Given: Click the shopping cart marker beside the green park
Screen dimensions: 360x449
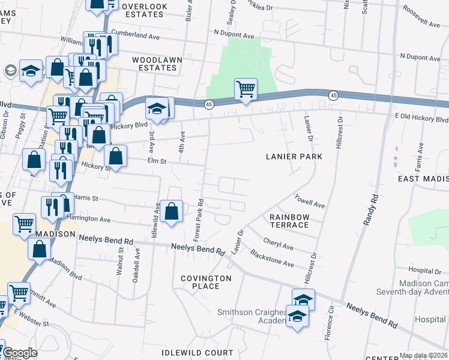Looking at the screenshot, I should [x=246, y=89].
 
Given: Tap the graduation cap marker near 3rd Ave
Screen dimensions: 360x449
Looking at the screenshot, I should [x=156, y=109].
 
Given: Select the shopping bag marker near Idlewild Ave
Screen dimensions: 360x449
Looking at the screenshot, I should [x=172, y=211].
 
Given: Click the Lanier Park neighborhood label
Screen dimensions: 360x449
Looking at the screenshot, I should [x=294, y=157].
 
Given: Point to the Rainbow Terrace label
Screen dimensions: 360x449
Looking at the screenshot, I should [x=289, y=221].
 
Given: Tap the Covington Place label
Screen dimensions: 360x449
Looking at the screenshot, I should [x=206, y=282].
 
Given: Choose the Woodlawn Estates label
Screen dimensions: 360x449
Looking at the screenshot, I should [x=155, y=64].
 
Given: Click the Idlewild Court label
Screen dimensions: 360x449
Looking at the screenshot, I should [x=197, y=352].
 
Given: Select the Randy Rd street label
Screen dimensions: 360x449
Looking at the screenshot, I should [x=369, y=209].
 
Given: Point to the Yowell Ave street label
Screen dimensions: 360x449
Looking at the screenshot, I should [x=310, y=200].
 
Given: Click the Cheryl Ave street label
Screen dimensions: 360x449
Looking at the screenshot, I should [x=278, y=246].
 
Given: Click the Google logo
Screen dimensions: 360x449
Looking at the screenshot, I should [x=20, y=353].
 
